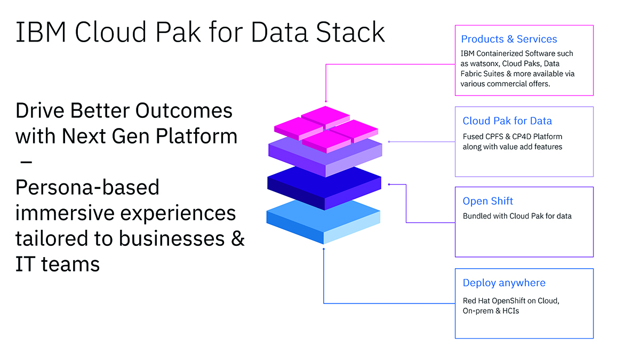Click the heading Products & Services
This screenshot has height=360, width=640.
tap(509, 39)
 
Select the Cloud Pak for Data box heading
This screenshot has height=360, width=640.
tap(507, 121)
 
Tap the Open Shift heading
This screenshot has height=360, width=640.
tap(487, 201)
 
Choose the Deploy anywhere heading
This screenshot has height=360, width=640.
tap(504, 283)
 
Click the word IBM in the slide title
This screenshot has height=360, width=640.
tap(41, 32)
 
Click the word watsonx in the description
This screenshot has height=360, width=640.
tap(484, 63)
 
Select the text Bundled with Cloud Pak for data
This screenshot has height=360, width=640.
tap(517, 216)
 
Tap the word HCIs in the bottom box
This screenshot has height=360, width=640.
tap(510, 311)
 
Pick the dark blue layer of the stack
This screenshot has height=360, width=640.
tap(324, 187)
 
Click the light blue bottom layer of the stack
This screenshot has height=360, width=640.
tap(323, 221)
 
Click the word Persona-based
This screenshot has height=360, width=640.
tap(87, 187)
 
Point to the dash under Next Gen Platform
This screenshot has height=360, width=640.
tap(26, 162)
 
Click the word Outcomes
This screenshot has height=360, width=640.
tap(183, 110)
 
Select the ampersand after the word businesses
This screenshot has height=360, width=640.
tap(238, 238)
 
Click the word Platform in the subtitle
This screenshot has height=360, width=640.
tap(197, 136)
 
